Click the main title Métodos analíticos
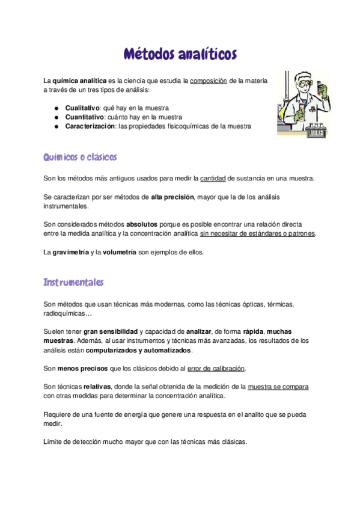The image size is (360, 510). click(180, 54)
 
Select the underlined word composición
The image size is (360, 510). click(209, 81)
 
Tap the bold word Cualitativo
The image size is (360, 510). click(84, 107)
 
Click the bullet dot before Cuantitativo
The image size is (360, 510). click(56, 117)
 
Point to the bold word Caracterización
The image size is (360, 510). click(90, 126)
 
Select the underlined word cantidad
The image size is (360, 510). click(213, 179)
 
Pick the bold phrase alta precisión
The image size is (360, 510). click(173, 197)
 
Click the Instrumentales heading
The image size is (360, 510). click(74, 282)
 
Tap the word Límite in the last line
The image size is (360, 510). click(53, 441)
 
